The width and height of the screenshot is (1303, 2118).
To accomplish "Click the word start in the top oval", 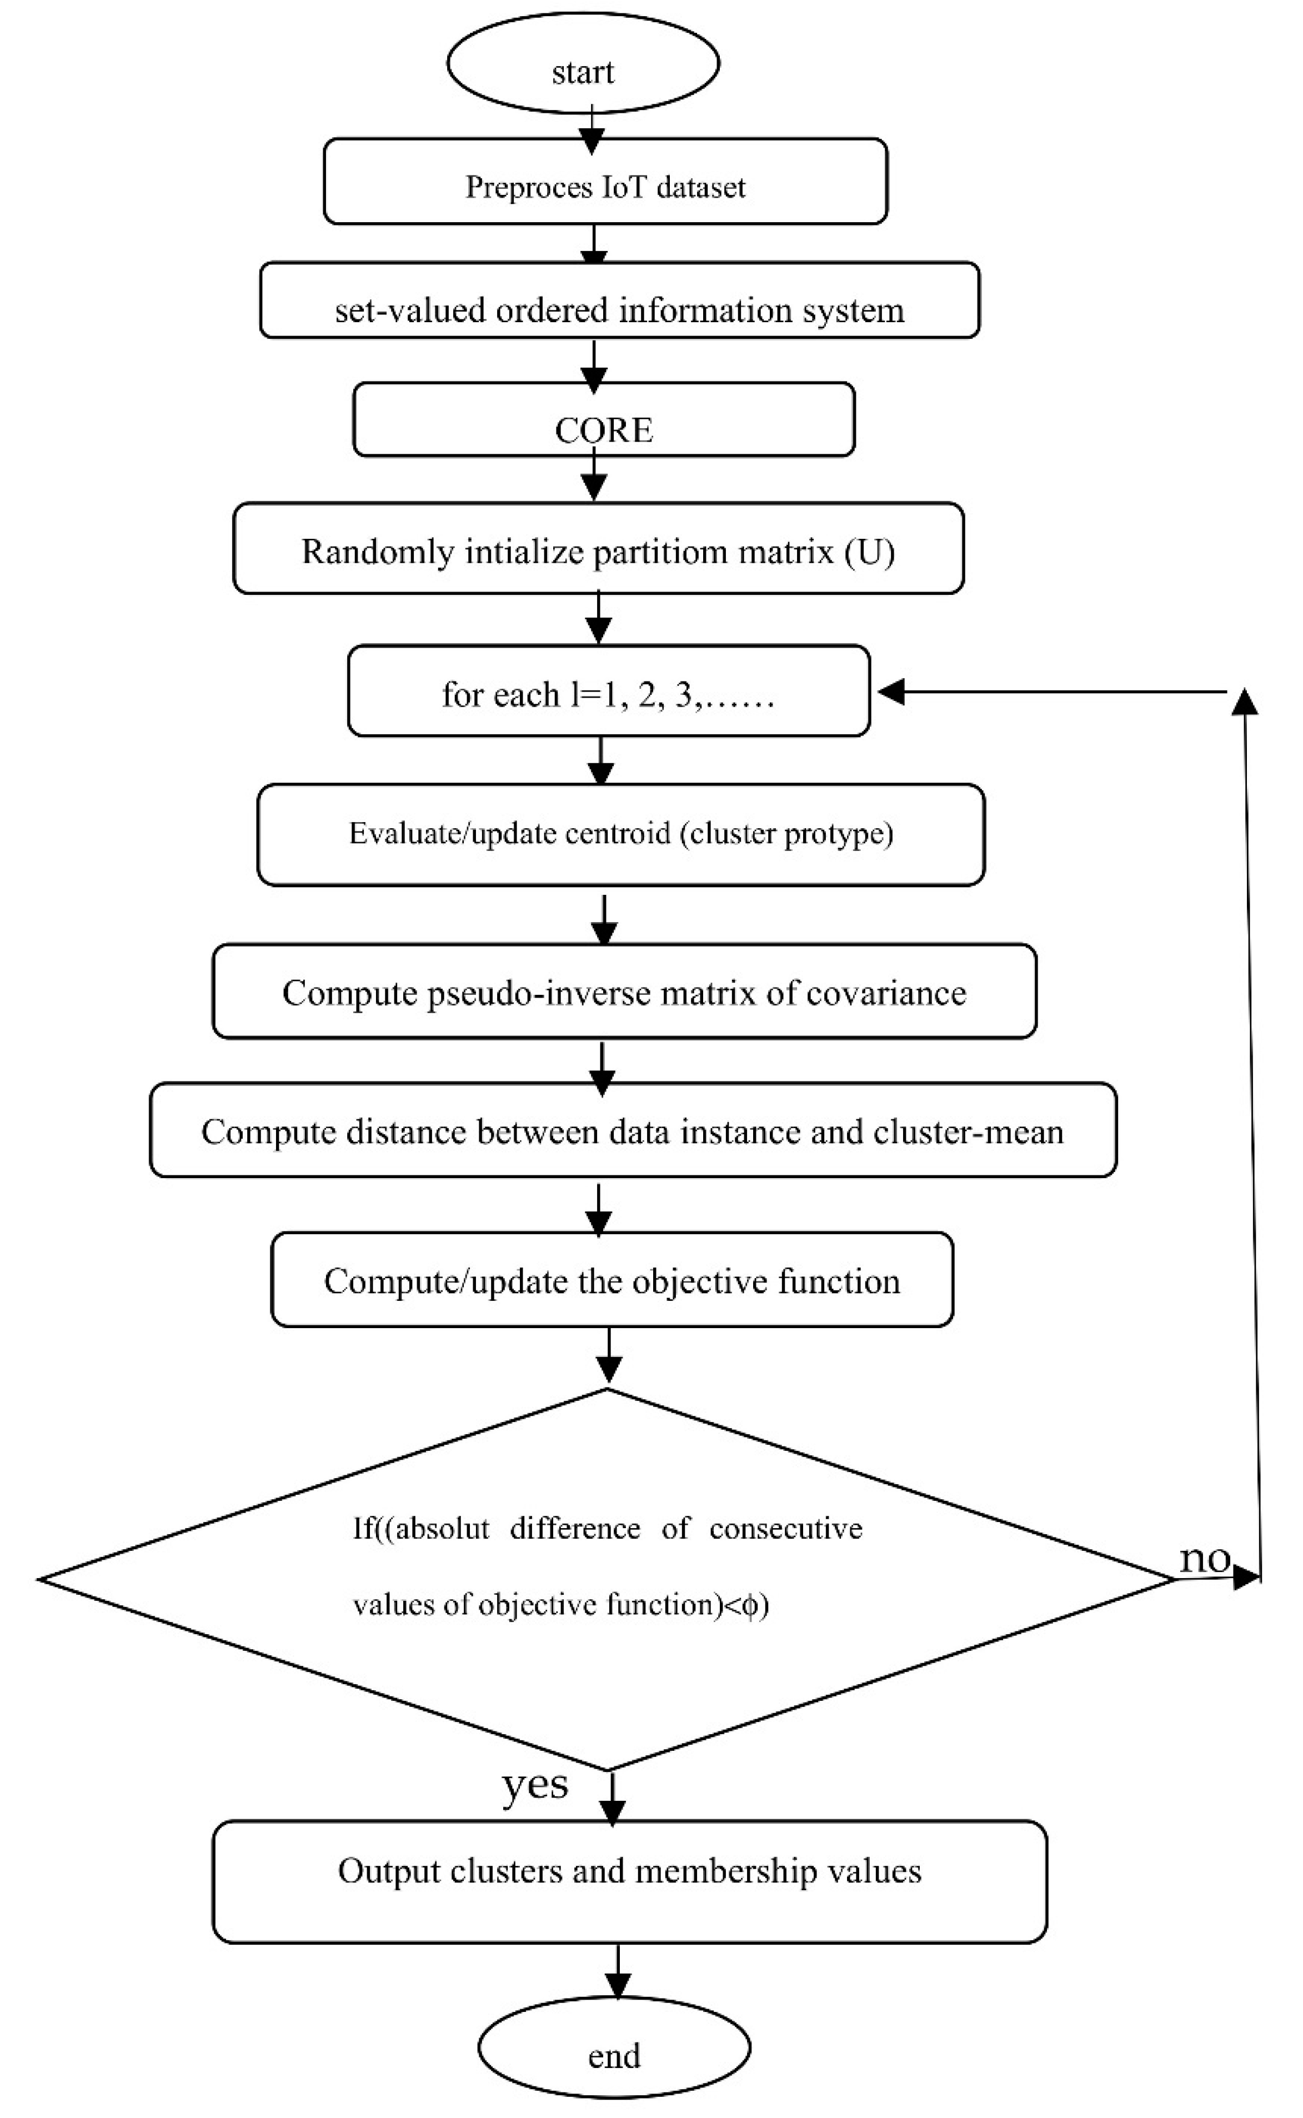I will (x=583, y=72).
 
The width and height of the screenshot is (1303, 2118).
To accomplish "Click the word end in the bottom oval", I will (x=614, y=2056).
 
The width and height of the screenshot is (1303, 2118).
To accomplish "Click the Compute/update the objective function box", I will (x=612, y=1281).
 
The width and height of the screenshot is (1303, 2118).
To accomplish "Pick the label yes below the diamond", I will (x=534, y=1784).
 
